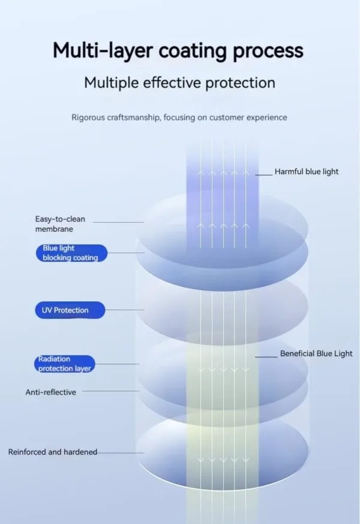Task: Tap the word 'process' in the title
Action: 268,51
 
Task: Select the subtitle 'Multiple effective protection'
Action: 179,82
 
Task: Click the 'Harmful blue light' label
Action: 307,172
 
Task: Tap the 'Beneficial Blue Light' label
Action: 316,354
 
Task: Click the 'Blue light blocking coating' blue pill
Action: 70,253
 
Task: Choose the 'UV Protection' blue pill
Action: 70,310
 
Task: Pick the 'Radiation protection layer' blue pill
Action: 65,364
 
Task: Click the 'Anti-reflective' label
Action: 50,392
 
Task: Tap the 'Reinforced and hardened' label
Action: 53,452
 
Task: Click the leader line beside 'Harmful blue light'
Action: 263,175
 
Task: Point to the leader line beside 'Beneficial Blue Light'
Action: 266,357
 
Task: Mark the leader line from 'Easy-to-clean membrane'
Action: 118,222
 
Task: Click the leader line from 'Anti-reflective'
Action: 110,392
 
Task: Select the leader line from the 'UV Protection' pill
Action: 125,310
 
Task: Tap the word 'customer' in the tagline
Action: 223,118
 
